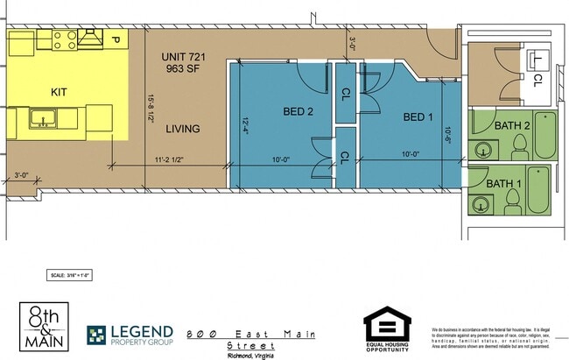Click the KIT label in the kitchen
pyautogui.click(x=59, y=90)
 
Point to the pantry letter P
pyautogui.click(x=115, y=39)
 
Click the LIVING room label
pyautogui.click(x=182, y=129)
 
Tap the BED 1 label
pyautogui.click(x=418, y=116)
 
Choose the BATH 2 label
pyautogui.click(x=512, y=126)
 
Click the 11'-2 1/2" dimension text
pyautogui.click(x=172, y=160)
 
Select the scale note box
pyautogui.click(x=70, y=276)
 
